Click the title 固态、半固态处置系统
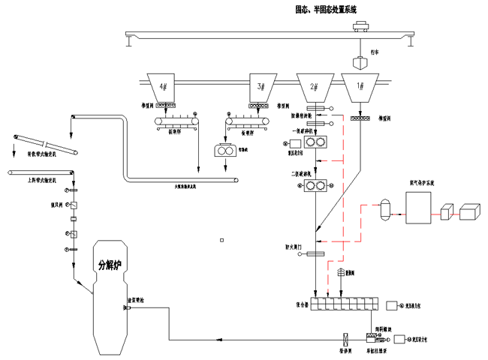[327, 10]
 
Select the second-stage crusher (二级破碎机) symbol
[315, 186]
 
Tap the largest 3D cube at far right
[471, 211]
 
